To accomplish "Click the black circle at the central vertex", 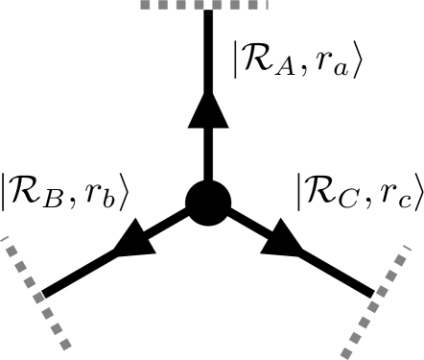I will (207, 203).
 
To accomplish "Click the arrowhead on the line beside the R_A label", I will (207, 110).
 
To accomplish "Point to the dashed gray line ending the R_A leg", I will (206, 4).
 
